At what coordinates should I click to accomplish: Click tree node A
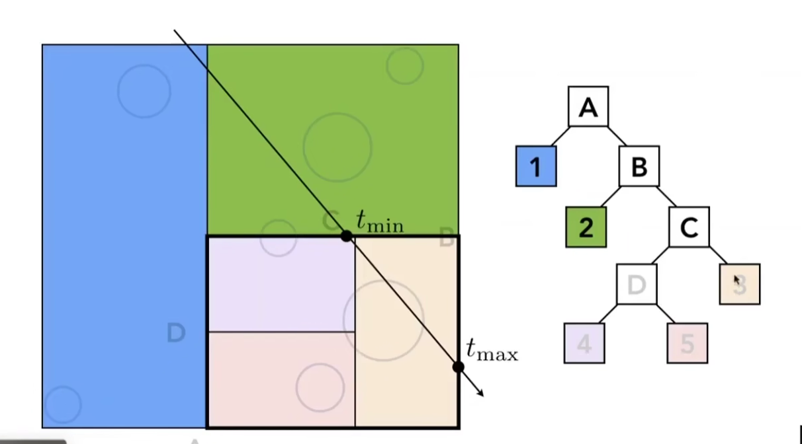[x=588, y=106]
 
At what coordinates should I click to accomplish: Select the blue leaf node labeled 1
[x=536, y=166]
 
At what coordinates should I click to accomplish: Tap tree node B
[x=639, y=166]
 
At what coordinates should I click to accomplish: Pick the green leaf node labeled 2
[x=586, y=227]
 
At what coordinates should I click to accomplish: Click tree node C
[x=689, y=227]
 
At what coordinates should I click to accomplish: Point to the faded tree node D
[x=637, y=284]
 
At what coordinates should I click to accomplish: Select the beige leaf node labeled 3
[x=740, y=284]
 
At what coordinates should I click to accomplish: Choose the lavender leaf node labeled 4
[x=584, y=343]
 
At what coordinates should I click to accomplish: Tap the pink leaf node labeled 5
[x=688, y=343]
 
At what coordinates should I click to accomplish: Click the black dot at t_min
[x=346, y=236]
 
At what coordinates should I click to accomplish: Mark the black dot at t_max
[x=458, y=366]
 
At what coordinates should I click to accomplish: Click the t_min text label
[x=380, y=221]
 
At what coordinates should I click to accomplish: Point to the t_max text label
[x=492, y=350]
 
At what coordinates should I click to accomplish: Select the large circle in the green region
[x=337, y=147]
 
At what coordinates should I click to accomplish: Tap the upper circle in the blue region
[x=144, y=91]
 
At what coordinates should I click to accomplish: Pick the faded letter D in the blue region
[x=176, y=333]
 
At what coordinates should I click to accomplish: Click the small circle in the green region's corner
[x=405, y=65]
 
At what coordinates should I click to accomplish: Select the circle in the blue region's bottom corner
[x=62, y=404]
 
